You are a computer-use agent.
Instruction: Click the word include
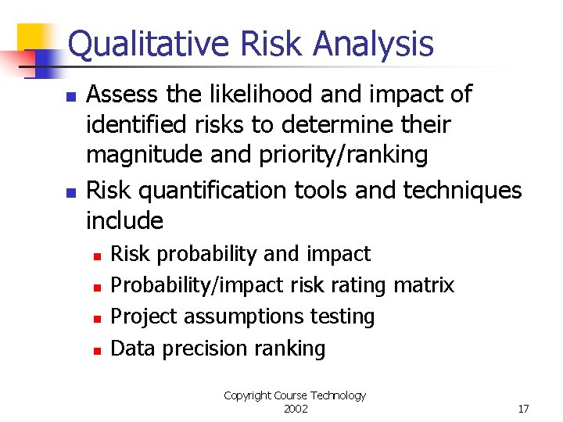coord(124,221)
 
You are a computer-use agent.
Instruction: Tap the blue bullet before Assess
coord(69,98)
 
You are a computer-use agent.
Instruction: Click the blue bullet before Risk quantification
coord(69,192)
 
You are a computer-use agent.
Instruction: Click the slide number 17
coord(523,409)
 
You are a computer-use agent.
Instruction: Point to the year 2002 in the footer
coord(295,409)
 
